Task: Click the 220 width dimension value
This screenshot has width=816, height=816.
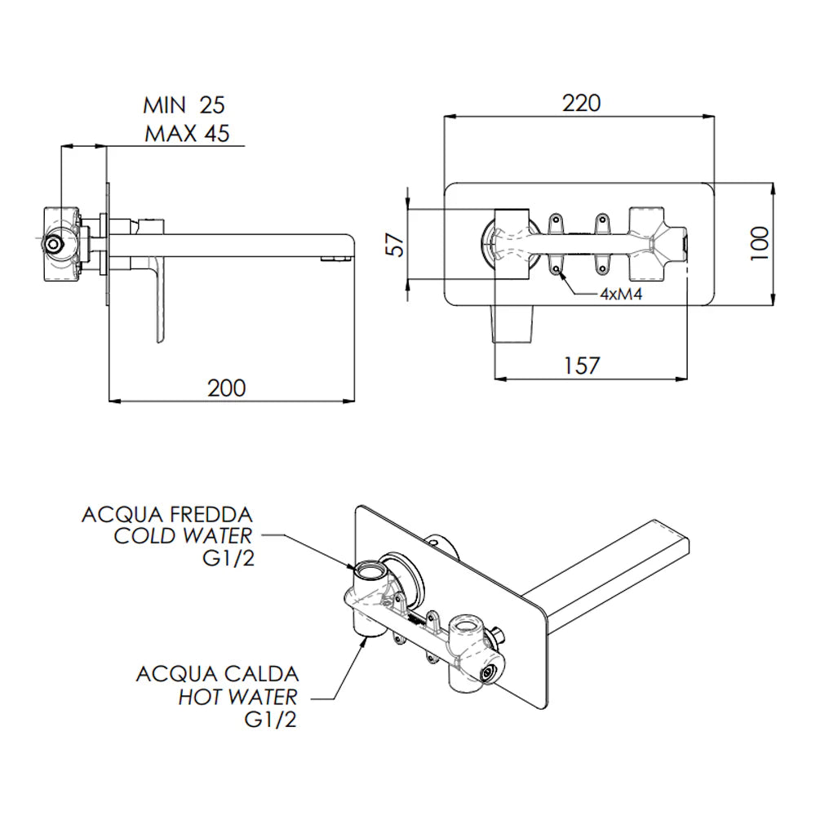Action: pos(581,104)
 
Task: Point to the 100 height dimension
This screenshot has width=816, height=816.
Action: pos(759,243)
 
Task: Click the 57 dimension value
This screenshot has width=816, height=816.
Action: pos(395,244)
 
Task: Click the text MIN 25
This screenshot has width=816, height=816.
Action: pos(184,105)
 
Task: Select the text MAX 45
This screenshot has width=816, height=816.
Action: pos(187,133)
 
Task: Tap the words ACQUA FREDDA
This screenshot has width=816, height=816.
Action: pos(167,516)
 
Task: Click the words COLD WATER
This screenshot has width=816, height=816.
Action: pos(183,536)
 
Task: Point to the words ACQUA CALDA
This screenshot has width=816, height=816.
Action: pos(217,675)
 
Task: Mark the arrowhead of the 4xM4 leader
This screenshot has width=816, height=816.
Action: pos(561,269)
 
